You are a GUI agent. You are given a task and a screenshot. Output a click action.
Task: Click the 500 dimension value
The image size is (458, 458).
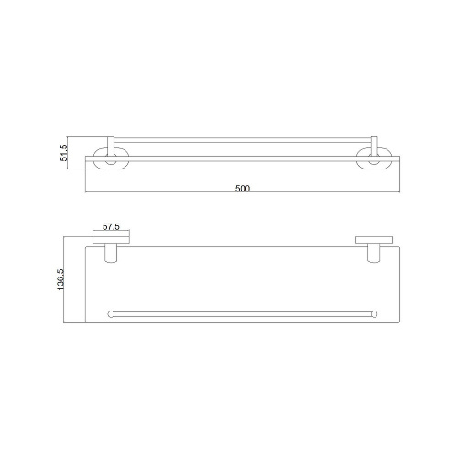243,188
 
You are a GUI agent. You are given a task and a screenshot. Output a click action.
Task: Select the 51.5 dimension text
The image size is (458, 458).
64,153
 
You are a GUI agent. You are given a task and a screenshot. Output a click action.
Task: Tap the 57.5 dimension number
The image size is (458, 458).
111,227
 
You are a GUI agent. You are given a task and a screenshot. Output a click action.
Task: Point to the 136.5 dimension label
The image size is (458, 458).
60,279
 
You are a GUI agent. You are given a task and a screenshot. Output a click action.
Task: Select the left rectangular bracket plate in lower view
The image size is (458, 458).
111,240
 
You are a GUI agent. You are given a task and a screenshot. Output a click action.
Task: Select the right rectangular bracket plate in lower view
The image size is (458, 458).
374,240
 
